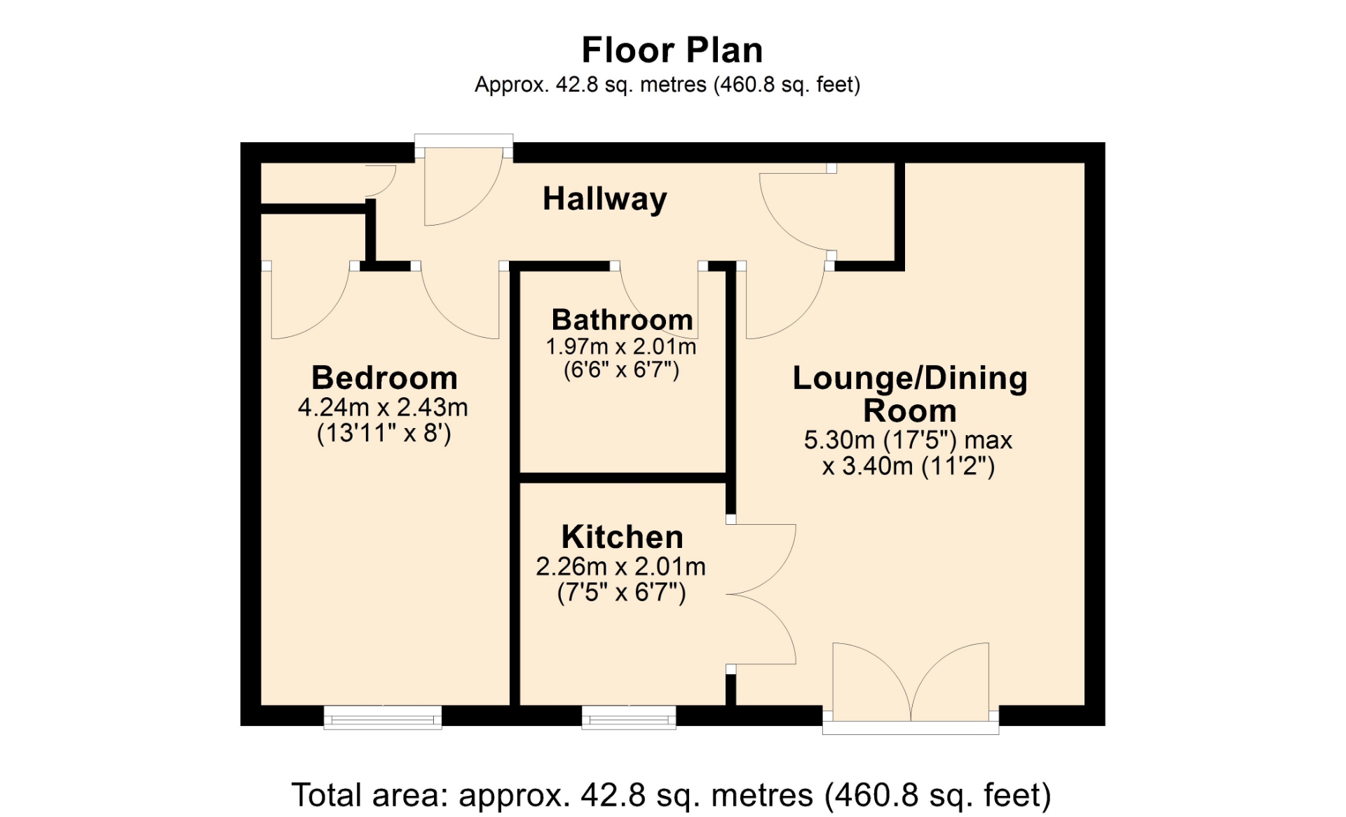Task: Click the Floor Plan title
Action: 672,50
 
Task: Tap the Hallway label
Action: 605,199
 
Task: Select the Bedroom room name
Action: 384,378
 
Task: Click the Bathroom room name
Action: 623,320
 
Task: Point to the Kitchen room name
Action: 623,537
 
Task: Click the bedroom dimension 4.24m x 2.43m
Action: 383,407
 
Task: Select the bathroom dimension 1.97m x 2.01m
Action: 621,346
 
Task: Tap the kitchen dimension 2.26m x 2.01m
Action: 621,566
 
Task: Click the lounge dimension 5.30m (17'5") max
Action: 908,440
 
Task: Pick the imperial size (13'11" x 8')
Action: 384,433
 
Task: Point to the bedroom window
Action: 383,718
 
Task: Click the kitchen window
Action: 629,718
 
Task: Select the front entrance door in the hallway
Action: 463,181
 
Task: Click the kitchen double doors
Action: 762,594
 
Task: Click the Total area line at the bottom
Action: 672,795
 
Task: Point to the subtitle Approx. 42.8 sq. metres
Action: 667,85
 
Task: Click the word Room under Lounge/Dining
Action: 909,411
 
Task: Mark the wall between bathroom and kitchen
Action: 623,478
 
